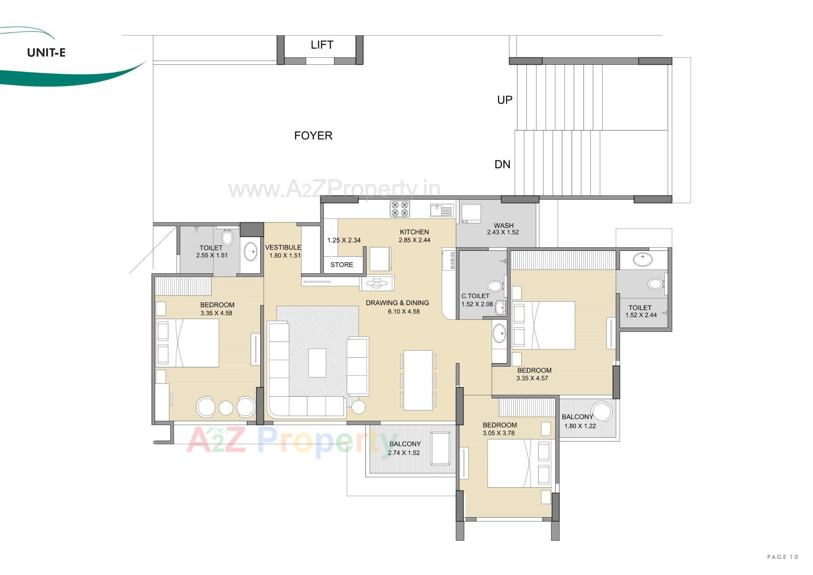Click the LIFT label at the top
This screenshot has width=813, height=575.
322,45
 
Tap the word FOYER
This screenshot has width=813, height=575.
313,136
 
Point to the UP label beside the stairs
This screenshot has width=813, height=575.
504,100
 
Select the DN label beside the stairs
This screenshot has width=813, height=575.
502,164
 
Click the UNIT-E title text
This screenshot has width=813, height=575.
46,53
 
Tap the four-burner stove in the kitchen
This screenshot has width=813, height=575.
399,209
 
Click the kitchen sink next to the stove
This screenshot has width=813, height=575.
441,210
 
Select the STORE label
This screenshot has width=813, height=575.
341,265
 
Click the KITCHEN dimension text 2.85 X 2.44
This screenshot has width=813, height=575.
414,240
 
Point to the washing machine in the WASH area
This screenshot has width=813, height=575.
471,214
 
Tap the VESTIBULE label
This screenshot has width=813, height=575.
283,247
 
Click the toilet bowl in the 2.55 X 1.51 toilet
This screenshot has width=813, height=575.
227,237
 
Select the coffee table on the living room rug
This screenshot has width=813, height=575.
317,363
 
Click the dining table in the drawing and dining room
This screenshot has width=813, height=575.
418,380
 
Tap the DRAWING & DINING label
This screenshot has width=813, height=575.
397,303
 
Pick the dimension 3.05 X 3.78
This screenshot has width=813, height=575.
498,433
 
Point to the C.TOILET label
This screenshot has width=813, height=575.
475,296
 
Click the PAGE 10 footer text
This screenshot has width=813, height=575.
782,557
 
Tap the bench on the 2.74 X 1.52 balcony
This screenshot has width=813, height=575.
440,449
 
